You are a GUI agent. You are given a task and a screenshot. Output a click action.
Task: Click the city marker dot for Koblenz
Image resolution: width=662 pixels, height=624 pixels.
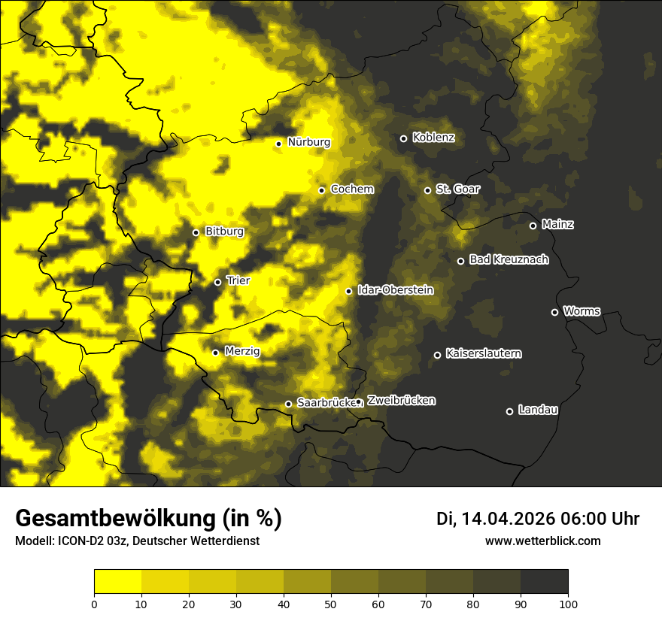pyautogui.click(x=403, y=138)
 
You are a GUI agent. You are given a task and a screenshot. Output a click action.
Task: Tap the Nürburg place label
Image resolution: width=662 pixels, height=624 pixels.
pyautogui.click(x=308, y=142)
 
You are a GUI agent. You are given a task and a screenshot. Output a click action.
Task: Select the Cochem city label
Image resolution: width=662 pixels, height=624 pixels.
pyautogui.click(x=351, y=189)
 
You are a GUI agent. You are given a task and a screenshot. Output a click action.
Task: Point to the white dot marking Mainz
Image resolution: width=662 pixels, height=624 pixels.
pyautogui.click(x=533, y=226)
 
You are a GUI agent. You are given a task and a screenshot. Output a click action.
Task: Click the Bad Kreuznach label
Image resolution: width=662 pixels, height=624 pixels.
pyautogui.click(x=509, y=260)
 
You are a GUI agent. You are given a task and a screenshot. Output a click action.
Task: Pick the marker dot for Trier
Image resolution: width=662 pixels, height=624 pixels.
pyautogui.click(x=217, y=282)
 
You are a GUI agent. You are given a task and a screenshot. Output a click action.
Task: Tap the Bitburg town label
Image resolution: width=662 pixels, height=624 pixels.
pyautogui.click(x=224, y=232)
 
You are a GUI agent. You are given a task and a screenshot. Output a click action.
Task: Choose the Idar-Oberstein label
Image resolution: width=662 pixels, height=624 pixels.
pyautogui.click(x=395, y=290)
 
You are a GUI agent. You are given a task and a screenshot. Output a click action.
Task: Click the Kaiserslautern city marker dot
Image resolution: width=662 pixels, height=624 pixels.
pyautogui.click(x=437, y=355)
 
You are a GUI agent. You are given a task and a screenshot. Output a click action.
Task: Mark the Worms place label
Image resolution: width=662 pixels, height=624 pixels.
pyautogui.click(x=582, y=311)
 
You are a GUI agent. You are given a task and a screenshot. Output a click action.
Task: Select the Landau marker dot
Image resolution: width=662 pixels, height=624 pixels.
pyautogui.click(x=509, y=411)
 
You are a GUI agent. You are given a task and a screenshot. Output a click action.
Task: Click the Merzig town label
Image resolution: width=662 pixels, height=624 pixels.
pyautogui.click(x=242, y=351)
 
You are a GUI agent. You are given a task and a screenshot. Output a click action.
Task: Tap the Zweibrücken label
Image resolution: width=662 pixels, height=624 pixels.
pyautogui.click(x=401, y=401)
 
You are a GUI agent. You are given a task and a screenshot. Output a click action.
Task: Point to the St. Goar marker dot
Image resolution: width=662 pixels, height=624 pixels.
pyautogui.click(x=427, y=190)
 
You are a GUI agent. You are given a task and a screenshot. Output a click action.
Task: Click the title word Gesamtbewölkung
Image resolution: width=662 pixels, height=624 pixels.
pyautogui.click(x=114, y=519)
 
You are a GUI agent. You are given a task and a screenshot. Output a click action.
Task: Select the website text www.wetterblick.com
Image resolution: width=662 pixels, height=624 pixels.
pyautogui.click(x=542, y=541)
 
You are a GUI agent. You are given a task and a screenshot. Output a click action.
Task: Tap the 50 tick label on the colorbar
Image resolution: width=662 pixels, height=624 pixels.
pyautogui.click(x=331, y=604)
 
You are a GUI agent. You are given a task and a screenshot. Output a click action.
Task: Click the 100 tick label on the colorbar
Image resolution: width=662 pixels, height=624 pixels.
pyautogui.click(x=568, y=604)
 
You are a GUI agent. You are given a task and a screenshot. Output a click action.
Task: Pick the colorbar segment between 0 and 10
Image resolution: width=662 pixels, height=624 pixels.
pyautogui.click(x=117, y=582)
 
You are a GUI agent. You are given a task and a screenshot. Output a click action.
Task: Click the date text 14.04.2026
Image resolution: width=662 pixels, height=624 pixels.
pyautogui.click(x=508, y=519)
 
